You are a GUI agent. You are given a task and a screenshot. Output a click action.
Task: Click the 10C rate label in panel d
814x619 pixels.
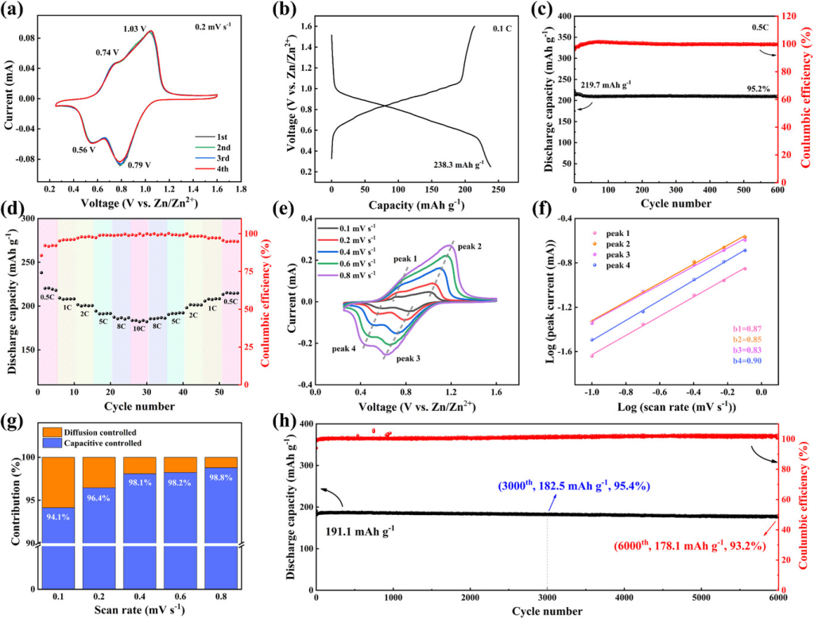coord(139,327)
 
